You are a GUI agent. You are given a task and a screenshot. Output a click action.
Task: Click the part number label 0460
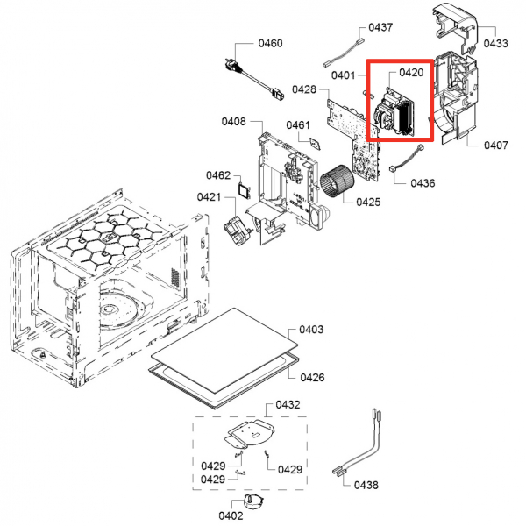pyautogui.click(x=270, y=43)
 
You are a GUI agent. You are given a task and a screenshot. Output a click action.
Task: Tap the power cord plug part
pyautogui.click(x=253, y=79)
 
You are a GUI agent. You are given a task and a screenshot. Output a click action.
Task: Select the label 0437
pyautogui.click(x=380, y=27)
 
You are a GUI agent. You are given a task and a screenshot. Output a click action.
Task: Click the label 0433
pyautogui.click(x=496, y=43)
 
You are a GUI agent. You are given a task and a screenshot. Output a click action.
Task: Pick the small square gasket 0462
pyautogui.click(x=245, y=190)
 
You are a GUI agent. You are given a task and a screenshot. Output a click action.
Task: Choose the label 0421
pyautogui.click(x=209, y=197)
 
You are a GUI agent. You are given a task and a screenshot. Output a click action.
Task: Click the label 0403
pyautogui.click(x=311, y=330)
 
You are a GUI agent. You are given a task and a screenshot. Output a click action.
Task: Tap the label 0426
pyautogui.click(x=312, y=377)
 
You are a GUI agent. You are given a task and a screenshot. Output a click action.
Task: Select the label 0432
pyautogui.click(x=288, y=404)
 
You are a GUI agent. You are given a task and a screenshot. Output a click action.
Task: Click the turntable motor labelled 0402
pyautogui.click(x=254, y=502)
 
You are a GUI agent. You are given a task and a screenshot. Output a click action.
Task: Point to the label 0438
pyautogui.click(x=366, y=485)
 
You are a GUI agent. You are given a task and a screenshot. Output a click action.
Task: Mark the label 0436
pyautogui.click(x=423, y=183)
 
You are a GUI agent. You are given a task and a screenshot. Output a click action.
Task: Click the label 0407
pyautogui.click(x=496, y=146)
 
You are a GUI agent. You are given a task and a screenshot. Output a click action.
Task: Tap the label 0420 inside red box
pyautogui.click(x=411, y=73)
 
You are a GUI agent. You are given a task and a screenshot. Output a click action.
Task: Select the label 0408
pyautogui.click(x=234, y=122)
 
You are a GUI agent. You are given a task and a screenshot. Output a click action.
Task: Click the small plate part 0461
pyautogui.click(x=316, y=144)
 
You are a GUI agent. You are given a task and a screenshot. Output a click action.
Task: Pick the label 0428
pyautogui.click(x=304, y=89)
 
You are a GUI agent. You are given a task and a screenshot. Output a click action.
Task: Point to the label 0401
pyautogui.click(x=343, y=75)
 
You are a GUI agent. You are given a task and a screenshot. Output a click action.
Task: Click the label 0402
pyautogui.click(x=231, y=515)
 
